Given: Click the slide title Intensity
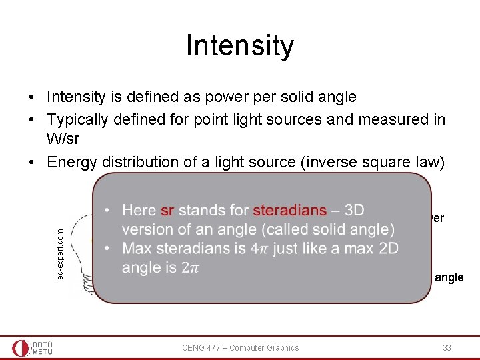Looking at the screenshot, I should (239, 46).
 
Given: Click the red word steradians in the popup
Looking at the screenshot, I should (290, 210).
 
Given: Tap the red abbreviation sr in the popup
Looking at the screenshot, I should (167, 210).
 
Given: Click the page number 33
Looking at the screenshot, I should (447, 347).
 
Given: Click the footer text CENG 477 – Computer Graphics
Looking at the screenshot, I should (241, 347).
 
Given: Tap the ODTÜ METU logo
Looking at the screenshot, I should (33, 347).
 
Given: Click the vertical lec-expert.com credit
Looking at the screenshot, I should (61, 254).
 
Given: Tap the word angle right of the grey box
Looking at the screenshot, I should (449, 277).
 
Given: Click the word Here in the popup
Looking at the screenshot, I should (139, 210).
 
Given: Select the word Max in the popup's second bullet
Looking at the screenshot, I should (137, 249).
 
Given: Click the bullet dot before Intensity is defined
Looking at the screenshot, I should (32, 97).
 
